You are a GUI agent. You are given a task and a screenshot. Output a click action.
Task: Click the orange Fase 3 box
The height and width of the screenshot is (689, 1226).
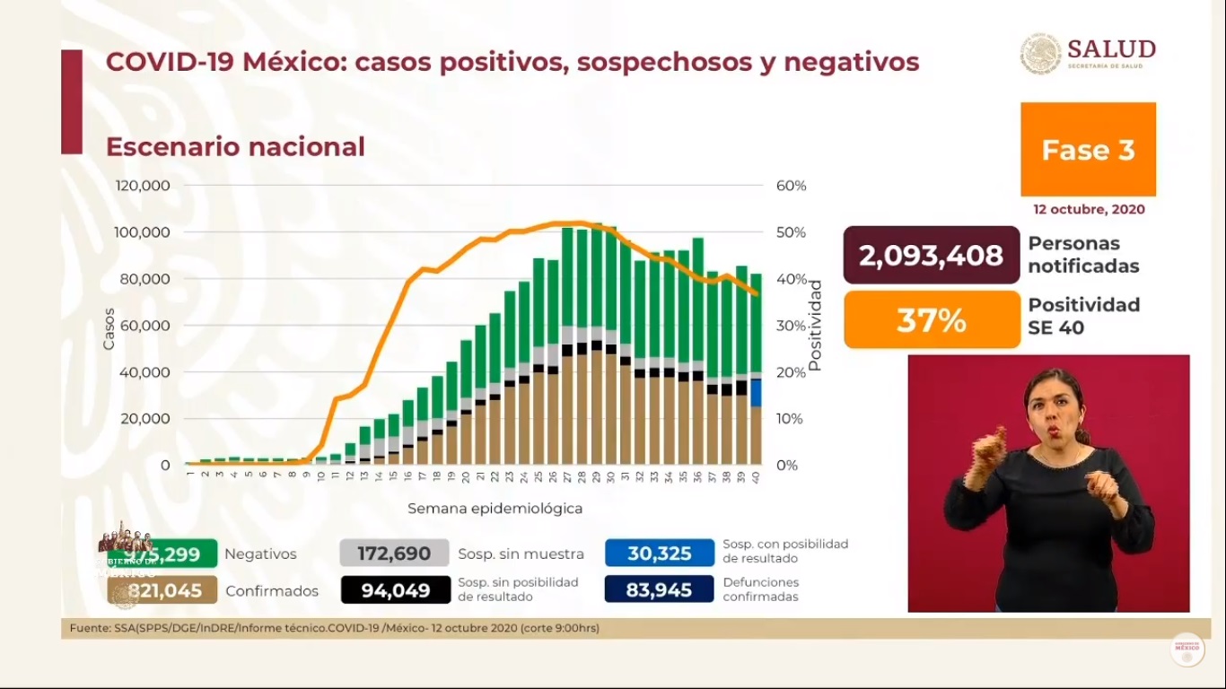[1088, 149]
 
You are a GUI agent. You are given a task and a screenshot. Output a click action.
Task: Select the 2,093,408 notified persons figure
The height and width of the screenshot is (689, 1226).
[931, 256]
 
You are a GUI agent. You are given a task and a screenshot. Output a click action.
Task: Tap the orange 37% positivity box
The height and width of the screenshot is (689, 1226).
[932, 320]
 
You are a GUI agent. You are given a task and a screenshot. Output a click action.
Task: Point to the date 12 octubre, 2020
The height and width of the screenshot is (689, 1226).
[1088, 209]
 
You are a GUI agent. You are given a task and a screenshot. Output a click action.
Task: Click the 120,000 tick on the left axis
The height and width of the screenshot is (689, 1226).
[143, 186]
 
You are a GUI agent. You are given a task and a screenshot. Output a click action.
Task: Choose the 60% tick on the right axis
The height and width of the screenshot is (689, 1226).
[791, 186]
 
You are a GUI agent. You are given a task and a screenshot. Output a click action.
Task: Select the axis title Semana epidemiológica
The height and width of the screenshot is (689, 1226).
[495, 509]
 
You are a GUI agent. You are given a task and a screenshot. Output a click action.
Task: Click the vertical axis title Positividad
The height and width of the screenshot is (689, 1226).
[815, 325]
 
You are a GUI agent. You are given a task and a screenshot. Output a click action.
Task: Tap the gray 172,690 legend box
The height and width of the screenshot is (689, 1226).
[394, 554]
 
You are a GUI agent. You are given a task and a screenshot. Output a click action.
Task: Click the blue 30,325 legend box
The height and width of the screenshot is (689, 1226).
[659, 554]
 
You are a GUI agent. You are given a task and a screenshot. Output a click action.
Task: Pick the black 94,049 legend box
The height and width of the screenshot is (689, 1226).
[394, 590]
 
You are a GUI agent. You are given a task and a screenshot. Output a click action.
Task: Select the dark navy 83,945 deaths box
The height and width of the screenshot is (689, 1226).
[659, 590]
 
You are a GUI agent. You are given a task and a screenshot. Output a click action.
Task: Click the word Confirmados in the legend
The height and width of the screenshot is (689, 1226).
[272, 590]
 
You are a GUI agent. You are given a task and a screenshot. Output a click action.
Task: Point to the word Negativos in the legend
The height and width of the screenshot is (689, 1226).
[260, 554]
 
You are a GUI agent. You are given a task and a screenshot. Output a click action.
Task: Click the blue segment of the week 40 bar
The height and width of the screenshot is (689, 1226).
[757, 393]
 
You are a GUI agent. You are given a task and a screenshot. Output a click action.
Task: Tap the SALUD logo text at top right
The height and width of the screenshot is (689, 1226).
[1111, 49]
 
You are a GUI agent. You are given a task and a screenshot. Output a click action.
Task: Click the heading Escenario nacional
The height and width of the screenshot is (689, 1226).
[235, 147]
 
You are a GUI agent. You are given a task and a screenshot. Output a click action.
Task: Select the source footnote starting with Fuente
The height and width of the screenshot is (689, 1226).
[334, 628]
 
